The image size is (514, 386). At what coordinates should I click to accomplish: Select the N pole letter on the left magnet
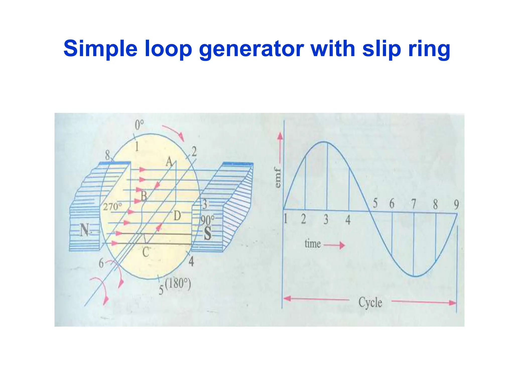(85, 230)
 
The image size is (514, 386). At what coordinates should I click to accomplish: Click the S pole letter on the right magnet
(208, 233)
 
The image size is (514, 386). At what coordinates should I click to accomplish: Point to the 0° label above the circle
(139, 125)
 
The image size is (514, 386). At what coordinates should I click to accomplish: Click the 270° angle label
(112, 207)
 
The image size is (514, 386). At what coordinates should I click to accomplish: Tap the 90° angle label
(208, 220)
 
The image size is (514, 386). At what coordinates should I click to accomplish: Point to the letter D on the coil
(177, 216)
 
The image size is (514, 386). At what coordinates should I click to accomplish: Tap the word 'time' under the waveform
(312, 244)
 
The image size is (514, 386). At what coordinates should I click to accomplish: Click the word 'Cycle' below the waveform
(370, 302)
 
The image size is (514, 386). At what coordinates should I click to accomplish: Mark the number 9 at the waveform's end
(456, 205)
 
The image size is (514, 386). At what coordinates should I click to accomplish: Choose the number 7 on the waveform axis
(413, 204)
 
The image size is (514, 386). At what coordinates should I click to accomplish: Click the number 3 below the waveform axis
(326, 219)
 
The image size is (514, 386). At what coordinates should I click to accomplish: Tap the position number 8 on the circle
(108, 155)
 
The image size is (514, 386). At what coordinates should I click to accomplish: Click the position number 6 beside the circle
(101, 263)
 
